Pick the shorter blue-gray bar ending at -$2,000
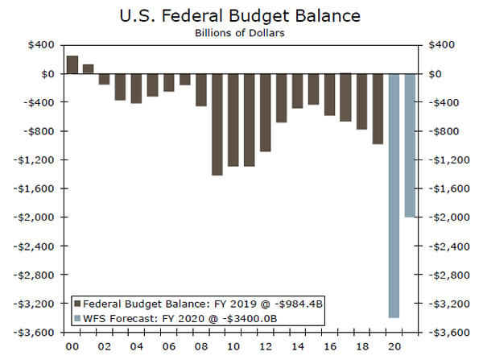tap(410, 145)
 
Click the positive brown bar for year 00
tap(72, 65)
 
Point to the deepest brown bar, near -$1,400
tap(217, 124)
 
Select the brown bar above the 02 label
tap(103, 79)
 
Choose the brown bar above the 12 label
tap(265, 112)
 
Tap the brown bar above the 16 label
tap(329, 94)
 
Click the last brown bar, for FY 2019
tap(378, 109)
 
